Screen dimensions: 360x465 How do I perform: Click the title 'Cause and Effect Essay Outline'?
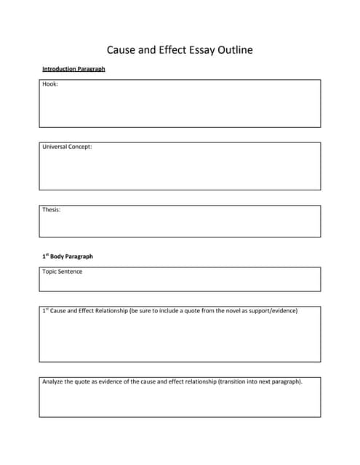(x=180, y=50)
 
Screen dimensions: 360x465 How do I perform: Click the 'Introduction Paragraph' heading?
(x=73, y=69)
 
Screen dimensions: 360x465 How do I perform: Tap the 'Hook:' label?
(x=50, y=85)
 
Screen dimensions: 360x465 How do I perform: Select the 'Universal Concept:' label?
(x=67, y=147)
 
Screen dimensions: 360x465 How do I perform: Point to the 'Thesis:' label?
(x=51, y=210)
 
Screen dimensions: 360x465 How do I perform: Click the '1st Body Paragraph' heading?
(x=67, y=256)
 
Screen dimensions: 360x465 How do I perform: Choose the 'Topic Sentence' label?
(x=62, y=272)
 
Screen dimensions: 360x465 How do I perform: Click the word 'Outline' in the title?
(x=233, y=50)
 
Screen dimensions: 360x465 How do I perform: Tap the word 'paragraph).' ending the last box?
(x=286, y=381)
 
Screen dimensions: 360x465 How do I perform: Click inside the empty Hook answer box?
(x=180, y=109)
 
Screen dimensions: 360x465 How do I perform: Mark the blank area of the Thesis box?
(x=180, y=225)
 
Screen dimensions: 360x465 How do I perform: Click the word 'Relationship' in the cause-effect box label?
(x=108, y=311)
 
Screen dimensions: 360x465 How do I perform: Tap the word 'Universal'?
(x=55, y=147)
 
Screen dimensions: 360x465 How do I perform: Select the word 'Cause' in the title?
(x=122, y=50)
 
